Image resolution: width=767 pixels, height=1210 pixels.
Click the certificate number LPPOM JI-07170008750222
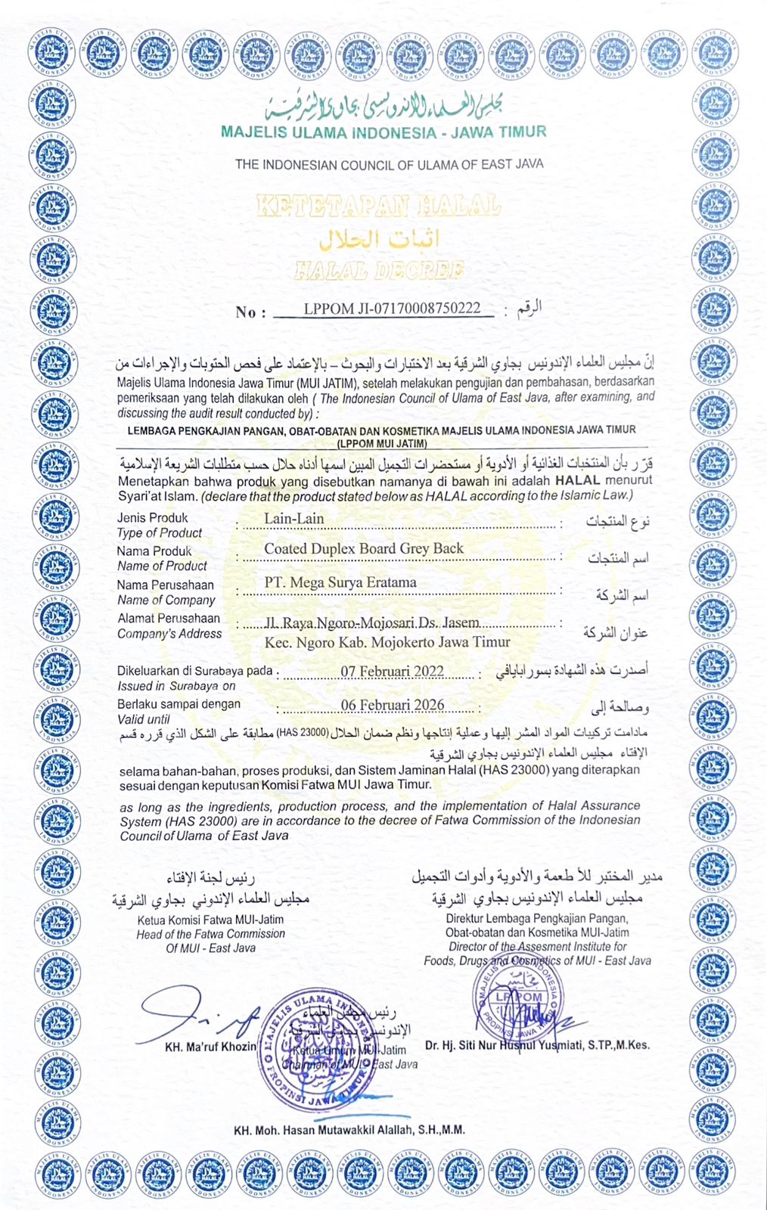(x=392, y=309)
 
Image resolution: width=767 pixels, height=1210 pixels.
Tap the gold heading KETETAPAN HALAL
(x=378, y=206)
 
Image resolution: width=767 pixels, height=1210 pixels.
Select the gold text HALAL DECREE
(x=378, y=270)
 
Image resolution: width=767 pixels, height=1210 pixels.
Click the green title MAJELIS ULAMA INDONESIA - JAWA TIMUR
(x=383, y=132)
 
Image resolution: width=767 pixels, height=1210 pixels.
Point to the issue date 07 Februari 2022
(x=392, y=672)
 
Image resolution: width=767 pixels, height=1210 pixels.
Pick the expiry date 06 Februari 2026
(x=392, y=705)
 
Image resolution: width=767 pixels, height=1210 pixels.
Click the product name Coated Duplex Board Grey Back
(x=363, y=548)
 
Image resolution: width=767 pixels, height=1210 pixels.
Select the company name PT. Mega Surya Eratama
(x=340, y=582)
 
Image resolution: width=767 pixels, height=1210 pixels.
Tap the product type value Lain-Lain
(x=293, y=519)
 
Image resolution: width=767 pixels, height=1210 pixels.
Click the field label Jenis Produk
(x=152, y=518)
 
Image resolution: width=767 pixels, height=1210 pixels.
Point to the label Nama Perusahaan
(x=165, y=585)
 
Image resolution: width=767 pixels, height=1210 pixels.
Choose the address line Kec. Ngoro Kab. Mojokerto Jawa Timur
(x=387, y=642)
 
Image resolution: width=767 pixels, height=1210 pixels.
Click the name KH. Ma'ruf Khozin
(x=210, y=1047)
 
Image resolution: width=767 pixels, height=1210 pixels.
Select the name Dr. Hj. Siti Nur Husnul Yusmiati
(x=537, y=1045)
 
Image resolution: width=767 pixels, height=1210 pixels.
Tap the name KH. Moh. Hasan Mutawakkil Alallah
(x=349, y=1130)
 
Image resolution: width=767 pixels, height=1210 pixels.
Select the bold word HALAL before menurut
(x=577, y=480)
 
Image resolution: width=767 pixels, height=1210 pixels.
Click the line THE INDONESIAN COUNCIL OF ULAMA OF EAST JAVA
(x=389, y=164)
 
